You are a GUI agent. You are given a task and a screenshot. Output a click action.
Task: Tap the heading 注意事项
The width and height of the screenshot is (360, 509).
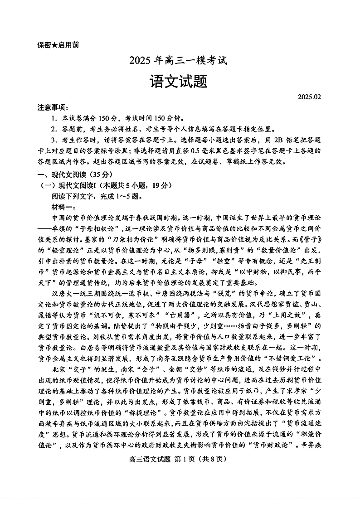51,107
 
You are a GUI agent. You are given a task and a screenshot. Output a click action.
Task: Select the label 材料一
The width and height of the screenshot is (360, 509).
65,207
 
